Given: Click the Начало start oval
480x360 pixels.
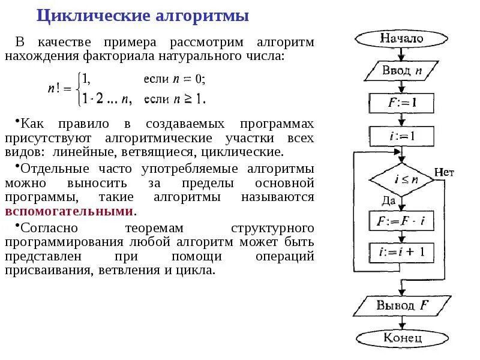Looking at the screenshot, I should tap(401, 38).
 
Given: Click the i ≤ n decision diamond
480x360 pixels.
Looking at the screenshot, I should tap(401, 179).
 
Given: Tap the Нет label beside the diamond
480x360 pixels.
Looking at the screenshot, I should tap(444, 172).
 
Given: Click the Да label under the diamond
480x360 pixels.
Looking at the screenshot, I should tap(388, 200).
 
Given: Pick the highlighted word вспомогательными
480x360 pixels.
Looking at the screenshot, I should tap(69, 211).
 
